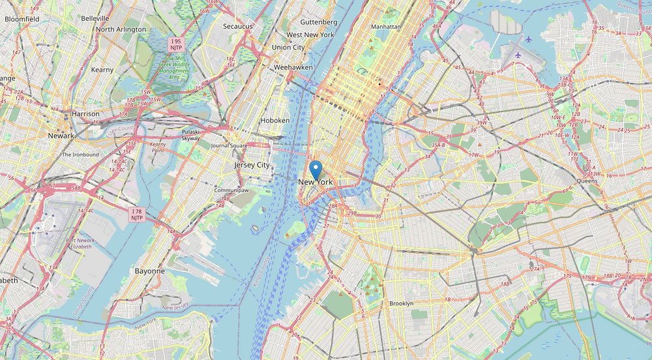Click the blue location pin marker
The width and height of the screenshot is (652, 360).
[x=316, y=170]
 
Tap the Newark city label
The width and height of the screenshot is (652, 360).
[x=61, y=136]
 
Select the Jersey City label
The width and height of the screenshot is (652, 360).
[x=252, y=165]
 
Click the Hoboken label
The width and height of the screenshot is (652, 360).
[x=274, y=121]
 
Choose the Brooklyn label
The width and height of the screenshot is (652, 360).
[x=401, y=303]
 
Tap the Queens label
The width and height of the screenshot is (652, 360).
[x=587, y=181]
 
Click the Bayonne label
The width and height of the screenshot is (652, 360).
[x=149, y=270]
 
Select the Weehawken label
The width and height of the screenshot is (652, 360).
[x=293, y=67]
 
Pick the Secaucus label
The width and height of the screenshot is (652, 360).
[x=237, y=26]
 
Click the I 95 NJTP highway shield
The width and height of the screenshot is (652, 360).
[x=177, y=44]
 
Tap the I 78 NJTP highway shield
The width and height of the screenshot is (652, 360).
[x=136, y=215]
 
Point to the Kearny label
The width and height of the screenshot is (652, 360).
[x=102, y=69]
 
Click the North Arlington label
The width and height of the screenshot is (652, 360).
[x=121, y=29]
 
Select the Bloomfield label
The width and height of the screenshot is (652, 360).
[x=22, y=19]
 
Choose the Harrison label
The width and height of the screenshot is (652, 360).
[x=85, y=113]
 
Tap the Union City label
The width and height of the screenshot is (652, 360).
[x=288, y=47]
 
